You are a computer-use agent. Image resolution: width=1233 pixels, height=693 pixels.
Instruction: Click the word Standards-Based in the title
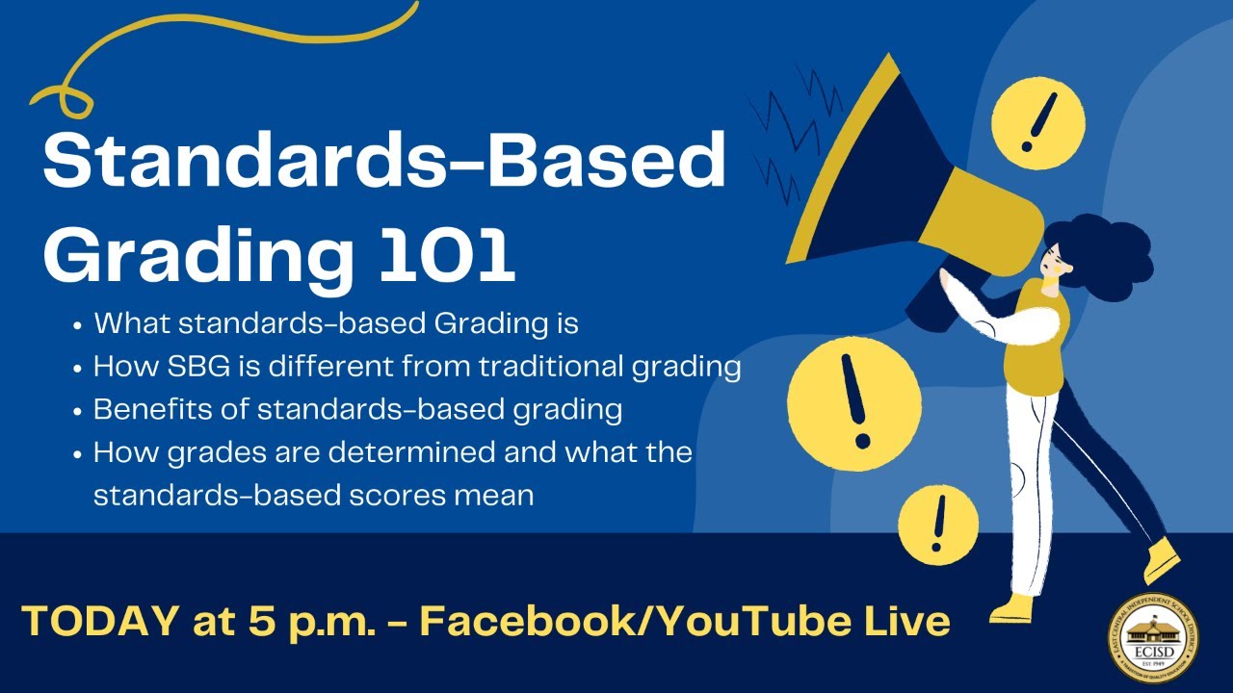coord(383,162)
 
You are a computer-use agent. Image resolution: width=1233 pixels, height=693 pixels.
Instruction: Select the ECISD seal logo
coord(1153,637)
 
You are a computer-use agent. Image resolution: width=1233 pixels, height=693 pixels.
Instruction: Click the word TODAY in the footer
coord(97,621)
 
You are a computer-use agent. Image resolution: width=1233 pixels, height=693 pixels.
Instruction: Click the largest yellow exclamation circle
coord(853,398)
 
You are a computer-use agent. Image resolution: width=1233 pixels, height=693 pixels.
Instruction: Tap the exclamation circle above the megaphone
coord(1038,121)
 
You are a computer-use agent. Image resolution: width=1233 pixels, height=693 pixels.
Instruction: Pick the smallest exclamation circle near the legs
coord(938,525)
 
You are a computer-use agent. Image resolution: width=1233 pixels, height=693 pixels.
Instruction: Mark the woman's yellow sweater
coord(1036,336)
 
